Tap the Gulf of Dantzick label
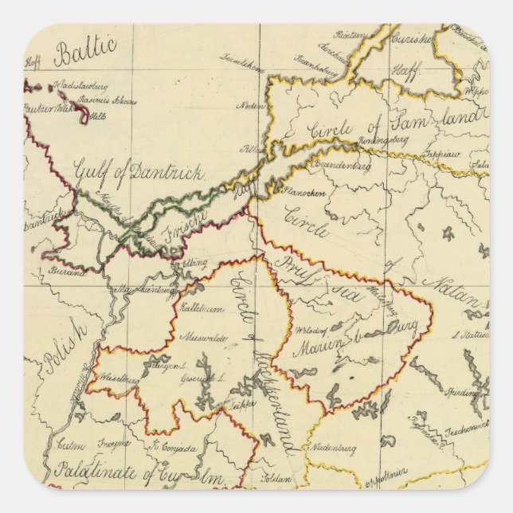pos(139,170)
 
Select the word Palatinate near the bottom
pos(89,470)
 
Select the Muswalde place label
pos(205,337)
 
